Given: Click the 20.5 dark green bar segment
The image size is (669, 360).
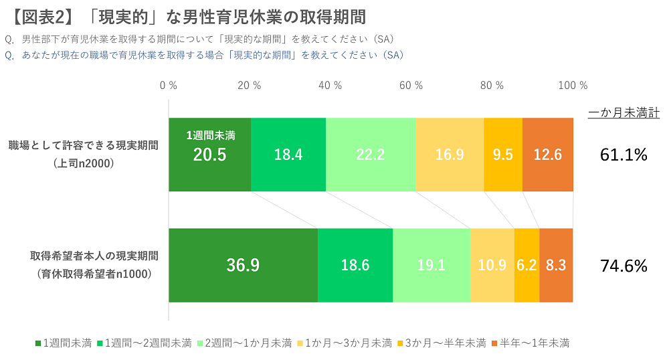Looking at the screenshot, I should [209, 155].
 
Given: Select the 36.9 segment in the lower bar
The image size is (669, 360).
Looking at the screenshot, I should [243, 265].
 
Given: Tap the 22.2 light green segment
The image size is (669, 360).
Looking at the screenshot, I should [370, 155].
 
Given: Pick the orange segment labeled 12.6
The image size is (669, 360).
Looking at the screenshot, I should [547, 155].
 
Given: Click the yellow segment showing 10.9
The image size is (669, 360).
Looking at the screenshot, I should [492, 265].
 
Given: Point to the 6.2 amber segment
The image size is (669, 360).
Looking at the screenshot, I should [527, 265].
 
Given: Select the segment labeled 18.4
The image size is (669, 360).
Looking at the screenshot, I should [288, 155].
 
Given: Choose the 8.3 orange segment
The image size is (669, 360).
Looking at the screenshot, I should [556, 265].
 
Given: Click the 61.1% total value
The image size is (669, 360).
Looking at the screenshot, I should [624, 155].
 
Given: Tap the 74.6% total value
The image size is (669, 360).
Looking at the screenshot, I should [624, 266].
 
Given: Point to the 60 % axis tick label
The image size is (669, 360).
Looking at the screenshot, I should [411, 86].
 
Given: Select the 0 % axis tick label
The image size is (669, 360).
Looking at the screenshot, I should [169, 86].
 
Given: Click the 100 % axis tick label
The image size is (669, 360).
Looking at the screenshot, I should [573, 86].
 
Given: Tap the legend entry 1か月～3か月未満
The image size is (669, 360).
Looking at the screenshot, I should [348, 343].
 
